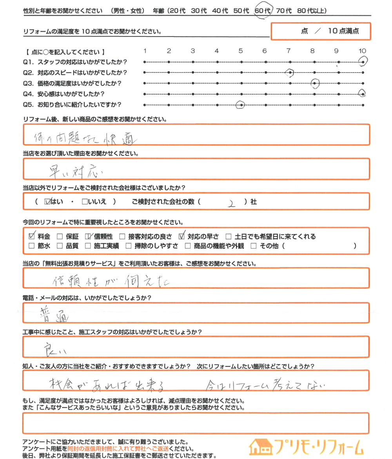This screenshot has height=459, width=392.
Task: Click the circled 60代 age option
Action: [x=262, y=11]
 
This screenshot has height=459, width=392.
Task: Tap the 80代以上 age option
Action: [x=312, y=11]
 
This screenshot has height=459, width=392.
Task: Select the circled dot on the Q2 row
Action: [x=290, y=73]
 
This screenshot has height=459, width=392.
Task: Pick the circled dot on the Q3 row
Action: [x=315, y=83]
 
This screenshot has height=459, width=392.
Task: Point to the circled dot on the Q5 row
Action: [x=241, y=105]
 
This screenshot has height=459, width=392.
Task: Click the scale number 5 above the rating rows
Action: [x=241, y=51]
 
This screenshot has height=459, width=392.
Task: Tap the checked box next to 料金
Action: [x=32, y=237]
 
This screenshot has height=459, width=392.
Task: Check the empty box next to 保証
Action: [x=60, y=237]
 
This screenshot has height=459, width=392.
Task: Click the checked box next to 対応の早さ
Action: [x=181, y=236]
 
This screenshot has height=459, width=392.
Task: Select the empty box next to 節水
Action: [x=32, y=246]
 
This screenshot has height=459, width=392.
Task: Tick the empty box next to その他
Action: [x=253, y=246]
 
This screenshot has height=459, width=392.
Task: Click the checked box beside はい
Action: [x=48, y=202]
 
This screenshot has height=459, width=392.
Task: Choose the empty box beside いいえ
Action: [x=85, y=202]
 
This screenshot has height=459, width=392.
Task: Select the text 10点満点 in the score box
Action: [x=344, y=31]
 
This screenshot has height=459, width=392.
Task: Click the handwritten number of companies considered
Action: [x=232, y=203]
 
